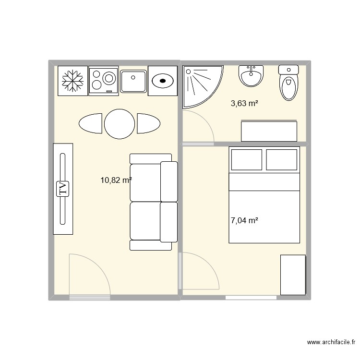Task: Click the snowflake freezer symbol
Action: pyautogui.click(x=72, y=81)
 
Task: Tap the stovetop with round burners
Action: pyautogui.click(x=103, y=81)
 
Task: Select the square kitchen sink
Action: pyautogui.click(x=133, y=81)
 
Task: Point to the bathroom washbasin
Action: pyautogui.click(x=252, y=76)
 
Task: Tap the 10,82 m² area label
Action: pyautogui.click(x=116, y=180)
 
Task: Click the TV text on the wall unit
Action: pyautogui.click(x=63, y=189)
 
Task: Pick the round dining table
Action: pyautogui.click(x=120, y=124)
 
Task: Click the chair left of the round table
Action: pyautogui.click(x=90, y=123)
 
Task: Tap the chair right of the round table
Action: pyautogui.click(x=148, y=123)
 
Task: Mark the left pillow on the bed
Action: pyautogui.click(x=247, y=160)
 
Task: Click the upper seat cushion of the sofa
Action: pyautogui.click(x=145, y=182)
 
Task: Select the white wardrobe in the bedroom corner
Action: pyautogui.click(x=293, y=275)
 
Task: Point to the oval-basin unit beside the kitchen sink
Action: pyautogui.click(x=163, y=81)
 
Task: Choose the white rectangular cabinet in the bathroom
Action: pyautogui.click(x=269, y=132)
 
